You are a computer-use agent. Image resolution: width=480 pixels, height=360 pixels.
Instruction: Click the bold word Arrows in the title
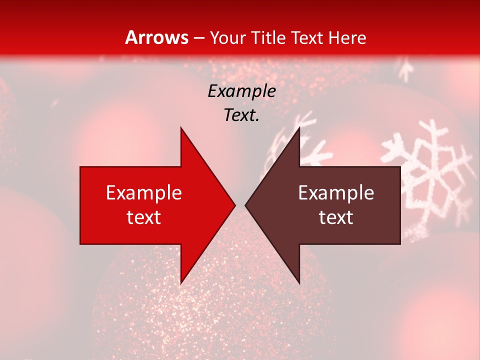tap(156, 37)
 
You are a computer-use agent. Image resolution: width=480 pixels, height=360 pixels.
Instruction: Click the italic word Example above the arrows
tap(241, 91)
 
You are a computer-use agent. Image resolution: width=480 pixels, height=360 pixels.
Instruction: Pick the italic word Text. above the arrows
tap(241, 115)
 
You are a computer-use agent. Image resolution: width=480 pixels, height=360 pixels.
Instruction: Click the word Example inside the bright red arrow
tap(143, 193)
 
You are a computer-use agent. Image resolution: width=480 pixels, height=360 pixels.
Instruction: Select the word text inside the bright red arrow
tap(143, 217)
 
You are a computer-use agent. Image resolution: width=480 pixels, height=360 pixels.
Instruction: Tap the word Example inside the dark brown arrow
tap(336, 193)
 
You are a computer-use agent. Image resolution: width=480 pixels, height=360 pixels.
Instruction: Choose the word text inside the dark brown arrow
tap(336, 217)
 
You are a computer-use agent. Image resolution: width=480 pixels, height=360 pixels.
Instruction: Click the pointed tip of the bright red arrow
tap(234, 205)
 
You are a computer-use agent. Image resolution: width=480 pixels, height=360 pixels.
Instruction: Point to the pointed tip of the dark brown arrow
tap(246, 205)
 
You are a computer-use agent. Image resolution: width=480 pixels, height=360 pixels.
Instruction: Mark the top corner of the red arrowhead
tap(181, 128)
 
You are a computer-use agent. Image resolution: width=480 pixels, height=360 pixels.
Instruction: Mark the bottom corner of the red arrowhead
tap(181, 283)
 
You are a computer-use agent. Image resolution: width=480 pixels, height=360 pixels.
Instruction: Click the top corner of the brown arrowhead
tap(299, 128)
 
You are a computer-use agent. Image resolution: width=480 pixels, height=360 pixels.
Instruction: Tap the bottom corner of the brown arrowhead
tap(299, 283)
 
